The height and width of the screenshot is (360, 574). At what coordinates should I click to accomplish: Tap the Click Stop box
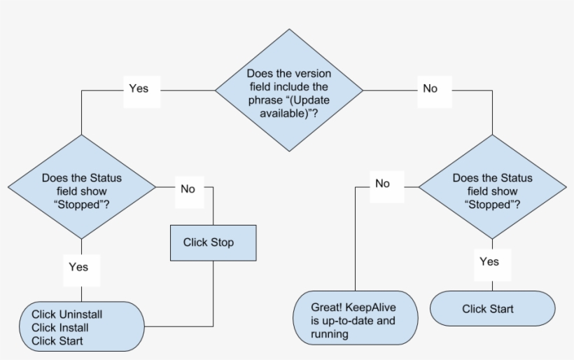point(213,242)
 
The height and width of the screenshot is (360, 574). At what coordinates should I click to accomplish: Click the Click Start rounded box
point(492,309)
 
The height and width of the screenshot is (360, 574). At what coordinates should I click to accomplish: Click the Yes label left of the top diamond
point(139,89)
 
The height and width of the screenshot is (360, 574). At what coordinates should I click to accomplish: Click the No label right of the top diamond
point(430,89)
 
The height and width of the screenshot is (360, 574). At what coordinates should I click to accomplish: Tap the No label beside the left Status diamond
point(188,189)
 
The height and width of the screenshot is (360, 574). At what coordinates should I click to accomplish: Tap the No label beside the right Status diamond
point(382,184)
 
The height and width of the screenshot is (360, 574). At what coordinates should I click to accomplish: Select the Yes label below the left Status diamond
point(78,267)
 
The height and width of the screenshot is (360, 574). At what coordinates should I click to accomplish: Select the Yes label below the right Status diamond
point(489,262)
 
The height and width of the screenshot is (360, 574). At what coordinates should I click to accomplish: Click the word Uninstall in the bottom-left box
point(67,314)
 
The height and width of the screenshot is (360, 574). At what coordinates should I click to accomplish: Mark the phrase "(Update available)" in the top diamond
point(288,106)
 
